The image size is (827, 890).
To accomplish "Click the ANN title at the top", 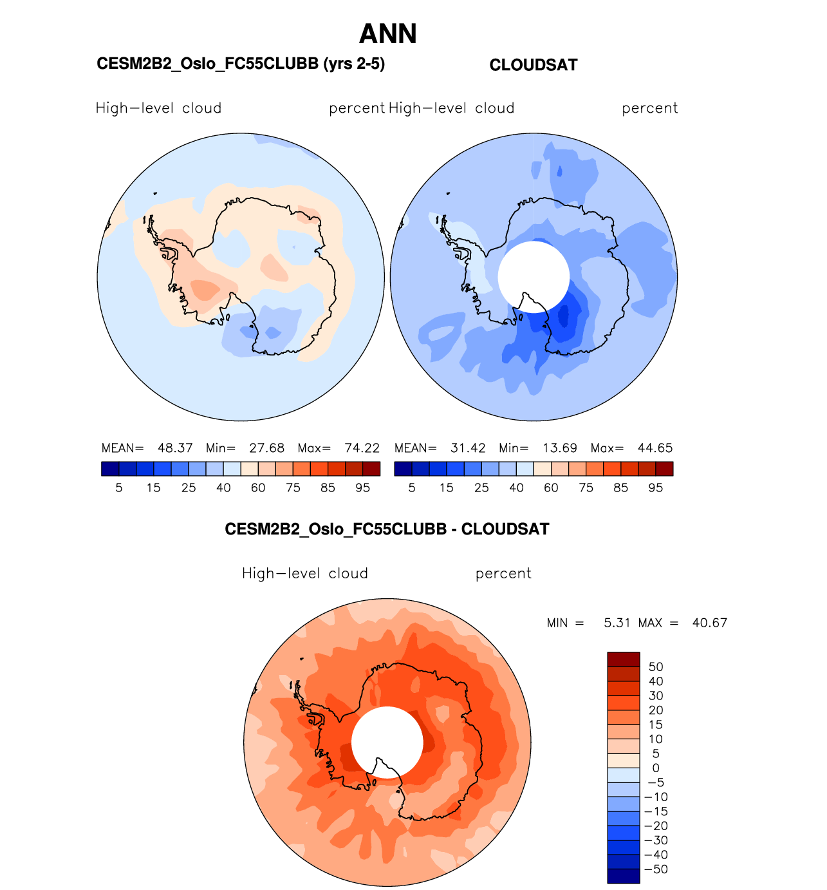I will pyautogui.click(x=387, y=34).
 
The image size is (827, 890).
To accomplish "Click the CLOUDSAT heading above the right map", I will pyautogui.click(x=534, y=65).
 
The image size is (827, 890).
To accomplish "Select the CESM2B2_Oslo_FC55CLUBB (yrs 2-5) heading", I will pyautogui.click(x=241, y=64).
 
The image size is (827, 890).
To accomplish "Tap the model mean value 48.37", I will pyautogui.click(x=175, y=448).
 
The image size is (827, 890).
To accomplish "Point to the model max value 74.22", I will pyautogui.click(x=362, y=448).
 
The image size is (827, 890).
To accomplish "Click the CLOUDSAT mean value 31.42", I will pyautogui.click(x=468, y=448).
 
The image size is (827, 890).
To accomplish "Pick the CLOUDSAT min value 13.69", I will pyautogui.click(x=559, y=448).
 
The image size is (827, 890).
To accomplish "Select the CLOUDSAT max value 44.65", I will pyautogui.click(x=655, y=448).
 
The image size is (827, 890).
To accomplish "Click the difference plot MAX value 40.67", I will pyautogui.click(x=709, y=623).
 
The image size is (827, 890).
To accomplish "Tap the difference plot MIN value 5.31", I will pyautogui.click(x=617, y=623).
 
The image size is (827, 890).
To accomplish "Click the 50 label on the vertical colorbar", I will pyautogui.click(x=655, y=667).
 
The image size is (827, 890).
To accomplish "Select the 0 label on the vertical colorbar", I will pyautogui.click(x=655, y=768).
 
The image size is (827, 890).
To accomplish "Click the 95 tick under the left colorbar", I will pyautogui.click(x=363, y=488).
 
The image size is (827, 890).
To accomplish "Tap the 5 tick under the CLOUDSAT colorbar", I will pyautogui.click(x=412, y=488).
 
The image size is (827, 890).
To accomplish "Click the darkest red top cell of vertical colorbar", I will pyautogui.click(x=623, y=659).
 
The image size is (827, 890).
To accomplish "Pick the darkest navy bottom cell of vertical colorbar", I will pyautogui.click(x=623, y=876).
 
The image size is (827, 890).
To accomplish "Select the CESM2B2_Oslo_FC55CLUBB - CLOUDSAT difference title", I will pyautogui.click(x=387, y=529).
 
